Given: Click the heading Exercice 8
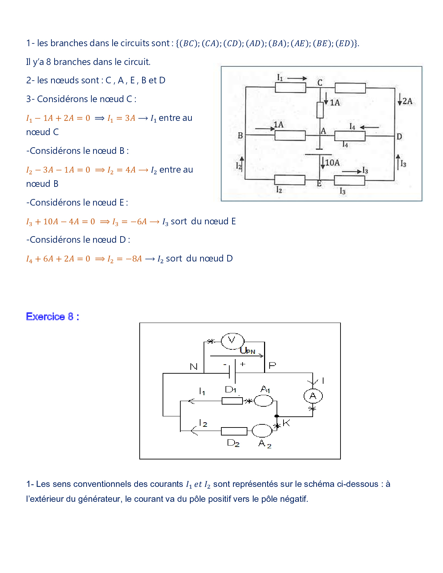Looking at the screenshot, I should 52,317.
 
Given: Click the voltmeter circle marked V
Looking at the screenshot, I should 232,341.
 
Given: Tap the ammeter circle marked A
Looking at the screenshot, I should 313,396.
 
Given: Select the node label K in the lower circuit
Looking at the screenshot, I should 286,423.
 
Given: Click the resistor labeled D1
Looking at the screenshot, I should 232,401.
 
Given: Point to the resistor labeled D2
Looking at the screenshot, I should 234,431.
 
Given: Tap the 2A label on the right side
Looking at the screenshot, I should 407,101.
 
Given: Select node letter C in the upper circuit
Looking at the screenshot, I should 320,83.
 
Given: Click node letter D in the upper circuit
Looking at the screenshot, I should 399,136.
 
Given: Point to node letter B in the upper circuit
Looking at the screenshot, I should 240,136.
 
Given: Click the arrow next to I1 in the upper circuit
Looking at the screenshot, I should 297,78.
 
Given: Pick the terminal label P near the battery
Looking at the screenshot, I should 272,365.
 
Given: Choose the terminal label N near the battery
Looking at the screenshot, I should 194,367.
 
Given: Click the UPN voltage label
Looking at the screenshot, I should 247,350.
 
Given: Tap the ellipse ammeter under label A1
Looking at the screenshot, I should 263,401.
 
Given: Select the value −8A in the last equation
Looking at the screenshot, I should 134,259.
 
